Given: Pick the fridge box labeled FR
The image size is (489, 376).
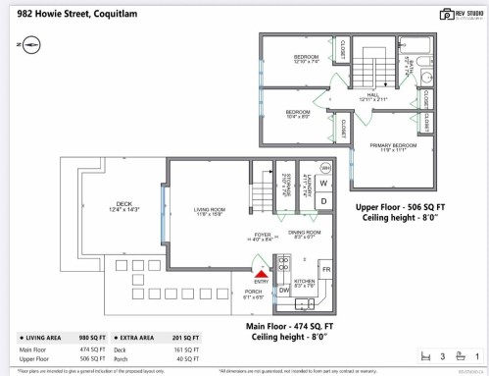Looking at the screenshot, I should click(x=325, y=268).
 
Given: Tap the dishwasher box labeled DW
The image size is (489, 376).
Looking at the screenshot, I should click(x=283, y=291).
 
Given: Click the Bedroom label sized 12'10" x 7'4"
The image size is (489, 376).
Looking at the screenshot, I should click(x=307, y=58).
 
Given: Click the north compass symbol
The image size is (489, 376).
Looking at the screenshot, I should click(x=27, y=45).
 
